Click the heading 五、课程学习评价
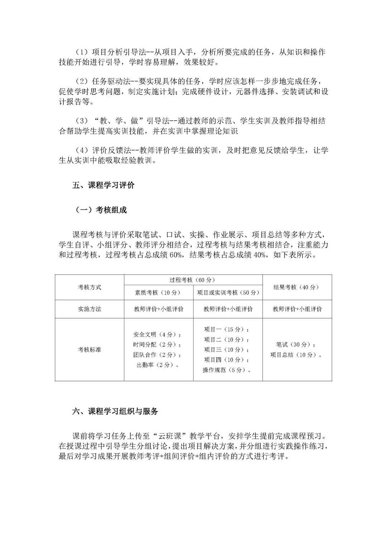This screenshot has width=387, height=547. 104,186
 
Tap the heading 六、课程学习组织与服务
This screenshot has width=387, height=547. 115,412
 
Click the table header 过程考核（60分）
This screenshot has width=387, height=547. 193,280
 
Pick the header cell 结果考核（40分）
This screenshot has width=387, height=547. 296,287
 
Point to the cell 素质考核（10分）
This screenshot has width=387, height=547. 158,293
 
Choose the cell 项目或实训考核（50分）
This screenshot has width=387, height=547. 228,293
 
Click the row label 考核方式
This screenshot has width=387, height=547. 90,287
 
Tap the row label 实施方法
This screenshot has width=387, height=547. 90,309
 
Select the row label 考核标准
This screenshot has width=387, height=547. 90,350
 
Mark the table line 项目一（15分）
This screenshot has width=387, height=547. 226,330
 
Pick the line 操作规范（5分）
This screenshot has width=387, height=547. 226,370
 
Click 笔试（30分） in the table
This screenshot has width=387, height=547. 296,345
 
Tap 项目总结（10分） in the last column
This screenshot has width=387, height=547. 296,355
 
